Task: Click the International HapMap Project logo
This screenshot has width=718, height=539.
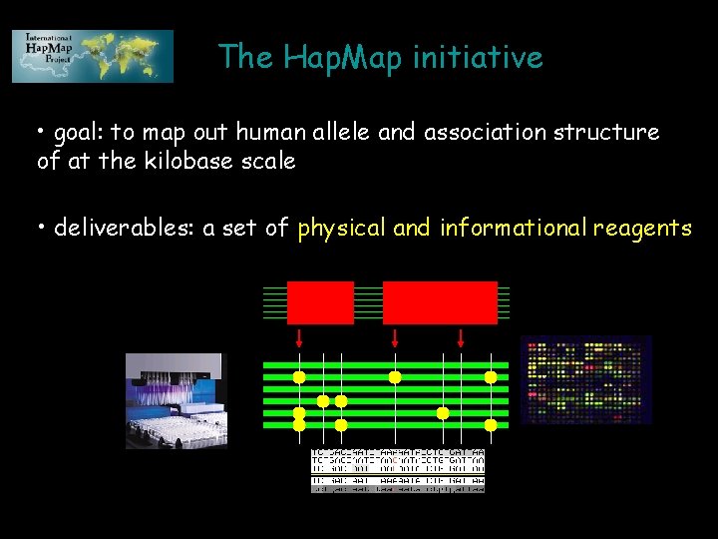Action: click(x=93, y=56)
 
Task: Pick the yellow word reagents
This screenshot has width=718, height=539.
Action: click(x=641, y=229)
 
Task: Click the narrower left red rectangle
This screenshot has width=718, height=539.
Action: click(x=320, y=302)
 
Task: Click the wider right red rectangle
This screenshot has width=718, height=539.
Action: click(x=440, y=302)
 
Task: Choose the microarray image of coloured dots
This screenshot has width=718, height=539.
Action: click(x=585, y=380)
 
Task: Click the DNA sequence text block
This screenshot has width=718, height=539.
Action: click(x=398, y=470)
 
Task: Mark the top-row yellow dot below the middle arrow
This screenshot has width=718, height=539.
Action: click(x=395, y=377)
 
